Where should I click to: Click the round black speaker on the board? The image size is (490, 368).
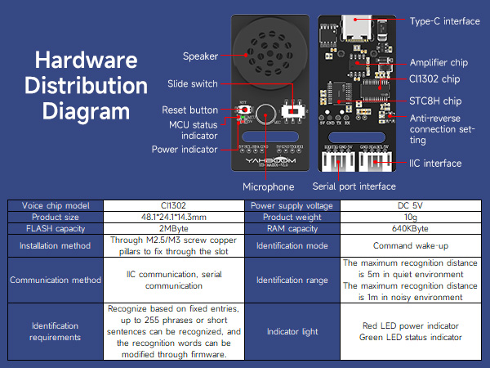(x=265, y=50)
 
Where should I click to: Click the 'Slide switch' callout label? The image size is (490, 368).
(x=193, y=83)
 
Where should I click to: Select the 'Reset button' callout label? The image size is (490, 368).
(x=189, y=110)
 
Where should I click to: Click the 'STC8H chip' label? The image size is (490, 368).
(x=435, y=101)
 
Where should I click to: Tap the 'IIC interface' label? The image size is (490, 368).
(x=435, y=164)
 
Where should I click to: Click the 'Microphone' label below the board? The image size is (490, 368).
(x=268, y=187)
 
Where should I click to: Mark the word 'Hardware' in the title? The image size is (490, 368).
(x=86, y=60)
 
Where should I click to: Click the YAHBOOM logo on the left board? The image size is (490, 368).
(x=265, y=161)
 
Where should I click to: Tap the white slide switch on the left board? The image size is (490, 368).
(x=289, y=110)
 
